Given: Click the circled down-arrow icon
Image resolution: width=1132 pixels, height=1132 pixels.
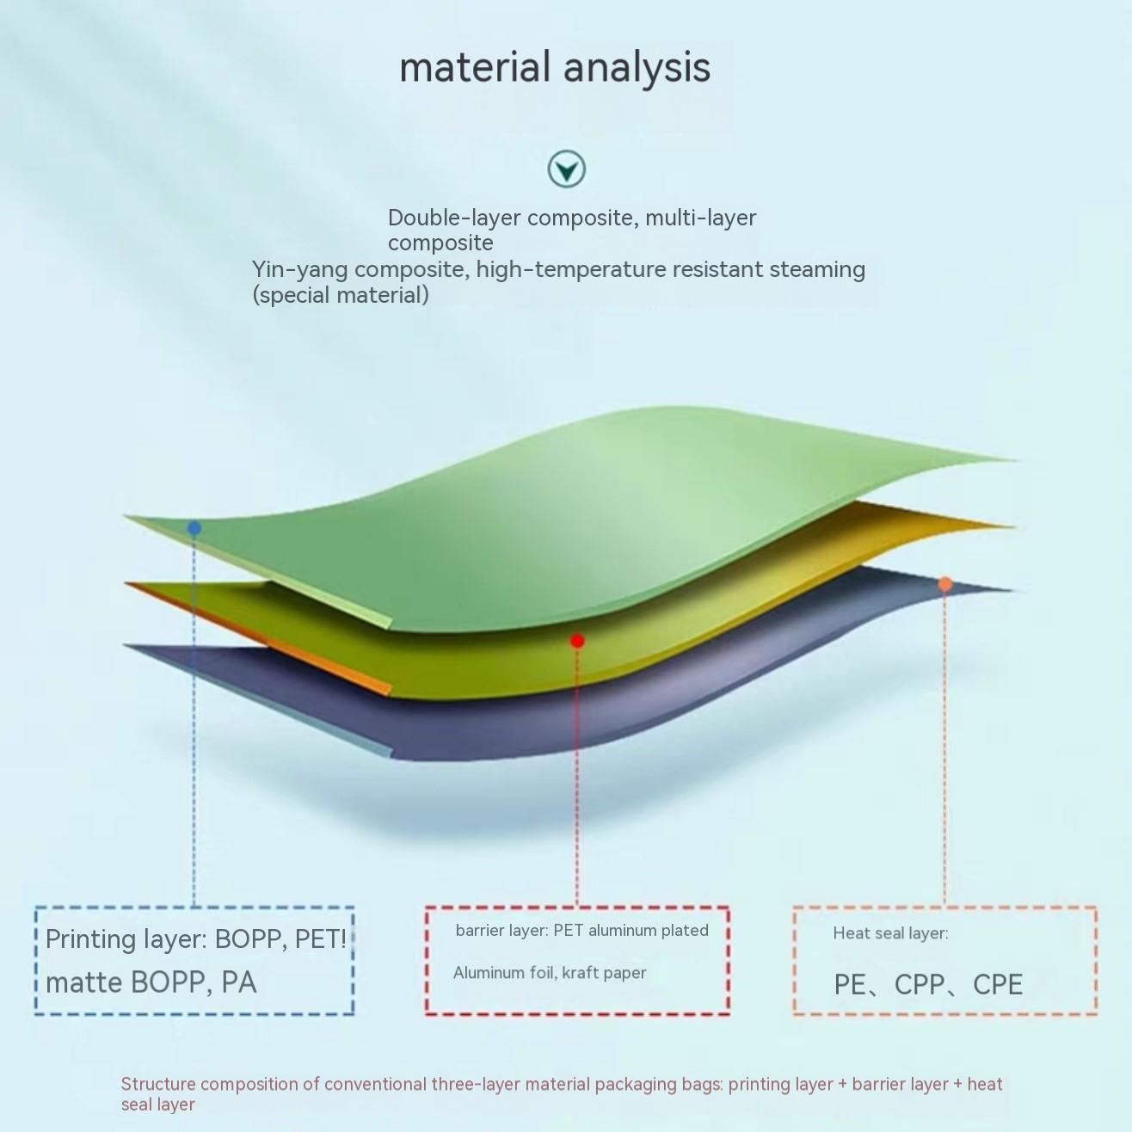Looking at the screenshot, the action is pyautogui.click(x=566, y=169).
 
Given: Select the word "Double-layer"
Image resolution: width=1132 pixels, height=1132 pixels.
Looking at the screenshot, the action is pyautogui.click(x=454, y=218).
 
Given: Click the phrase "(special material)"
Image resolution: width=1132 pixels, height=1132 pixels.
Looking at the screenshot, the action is pyautogui.click(x=341, y=295).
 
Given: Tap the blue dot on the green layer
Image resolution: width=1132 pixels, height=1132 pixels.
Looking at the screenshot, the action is pyautogui.click(x=194, y=528).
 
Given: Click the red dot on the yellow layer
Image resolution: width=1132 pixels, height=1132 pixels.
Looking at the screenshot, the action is pyautogui.click(x=577, y=641).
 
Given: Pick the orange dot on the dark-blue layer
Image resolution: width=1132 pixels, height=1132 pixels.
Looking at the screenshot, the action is pyautogui.click(x=944, y=584).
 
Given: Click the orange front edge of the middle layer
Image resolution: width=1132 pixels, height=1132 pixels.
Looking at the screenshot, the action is pyautogui.click(x=258, y=638).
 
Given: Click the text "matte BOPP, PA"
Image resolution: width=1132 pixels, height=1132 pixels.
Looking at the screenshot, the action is pyautogui.click(x=151, y=983).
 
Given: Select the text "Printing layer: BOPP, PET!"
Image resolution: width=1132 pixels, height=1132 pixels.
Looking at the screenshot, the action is pyautogui.click(x=195, y=939).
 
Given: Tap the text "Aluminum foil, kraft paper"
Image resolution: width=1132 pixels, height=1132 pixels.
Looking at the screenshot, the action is pyautogui.click(x=550, y=973).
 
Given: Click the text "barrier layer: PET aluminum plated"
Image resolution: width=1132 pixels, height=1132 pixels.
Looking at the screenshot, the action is pyautogui.click(x=581, y=931).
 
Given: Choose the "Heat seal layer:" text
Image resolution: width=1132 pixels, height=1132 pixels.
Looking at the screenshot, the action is pyautogui.click(x=890, y=933).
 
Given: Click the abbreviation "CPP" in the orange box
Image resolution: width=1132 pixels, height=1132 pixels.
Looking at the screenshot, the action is pyautogui.click(x=920, y=985).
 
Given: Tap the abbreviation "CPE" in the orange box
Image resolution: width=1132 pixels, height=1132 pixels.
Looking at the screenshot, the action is pyautogui.click(x=998, y=985).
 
